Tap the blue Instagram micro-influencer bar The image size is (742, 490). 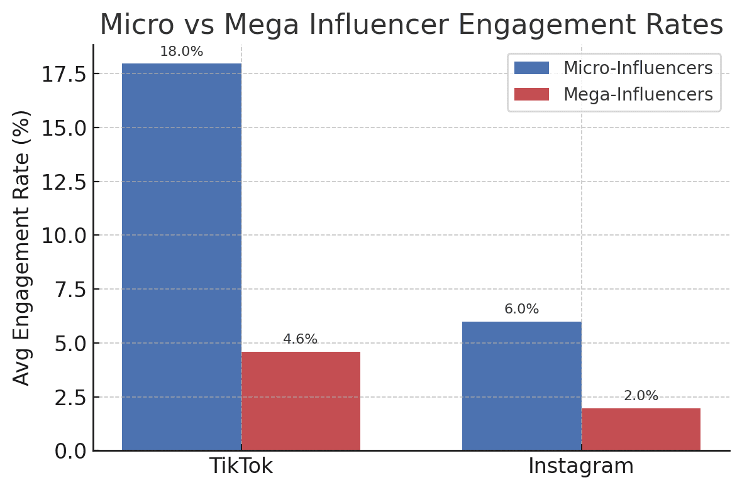(521, 386)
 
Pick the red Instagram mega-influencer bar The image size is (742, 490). (641, 429)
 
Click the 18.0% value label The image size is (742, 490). (181, 52)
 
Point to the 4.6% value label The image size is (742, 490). (300, 340)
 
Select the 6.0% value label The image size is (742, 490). (521, 310)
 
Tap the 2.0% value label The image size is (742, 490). (641, 396)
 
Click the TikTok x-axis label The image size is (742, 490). (241, 467)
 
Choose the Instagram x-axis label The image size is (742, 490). (581, 467)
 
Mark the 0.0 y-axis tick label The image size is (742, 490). (70, 451)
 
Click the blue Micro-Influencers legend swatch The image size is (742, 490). (531, 68)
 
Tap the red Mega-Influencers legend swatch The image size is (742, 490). (531, 94)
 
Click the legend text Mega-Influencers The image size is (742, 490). (638, 94)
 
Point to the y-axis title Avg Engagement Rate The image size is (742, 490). (22, 248)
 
